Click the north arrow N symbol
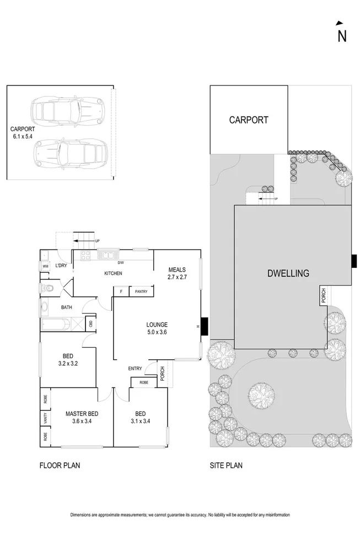342,33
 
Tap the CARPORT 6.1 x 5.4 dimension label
22,132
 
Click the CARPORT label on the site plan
249,120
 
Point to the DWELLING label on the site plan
288,273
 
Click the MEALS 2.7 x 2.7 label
178,273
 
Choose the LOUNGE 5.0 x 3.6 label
156,329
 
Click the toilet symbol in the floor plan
48,288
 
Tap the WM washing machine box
45,267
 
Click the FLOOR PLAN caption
60,466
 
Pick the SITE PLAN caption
226,466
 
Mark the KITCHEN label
114,273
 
